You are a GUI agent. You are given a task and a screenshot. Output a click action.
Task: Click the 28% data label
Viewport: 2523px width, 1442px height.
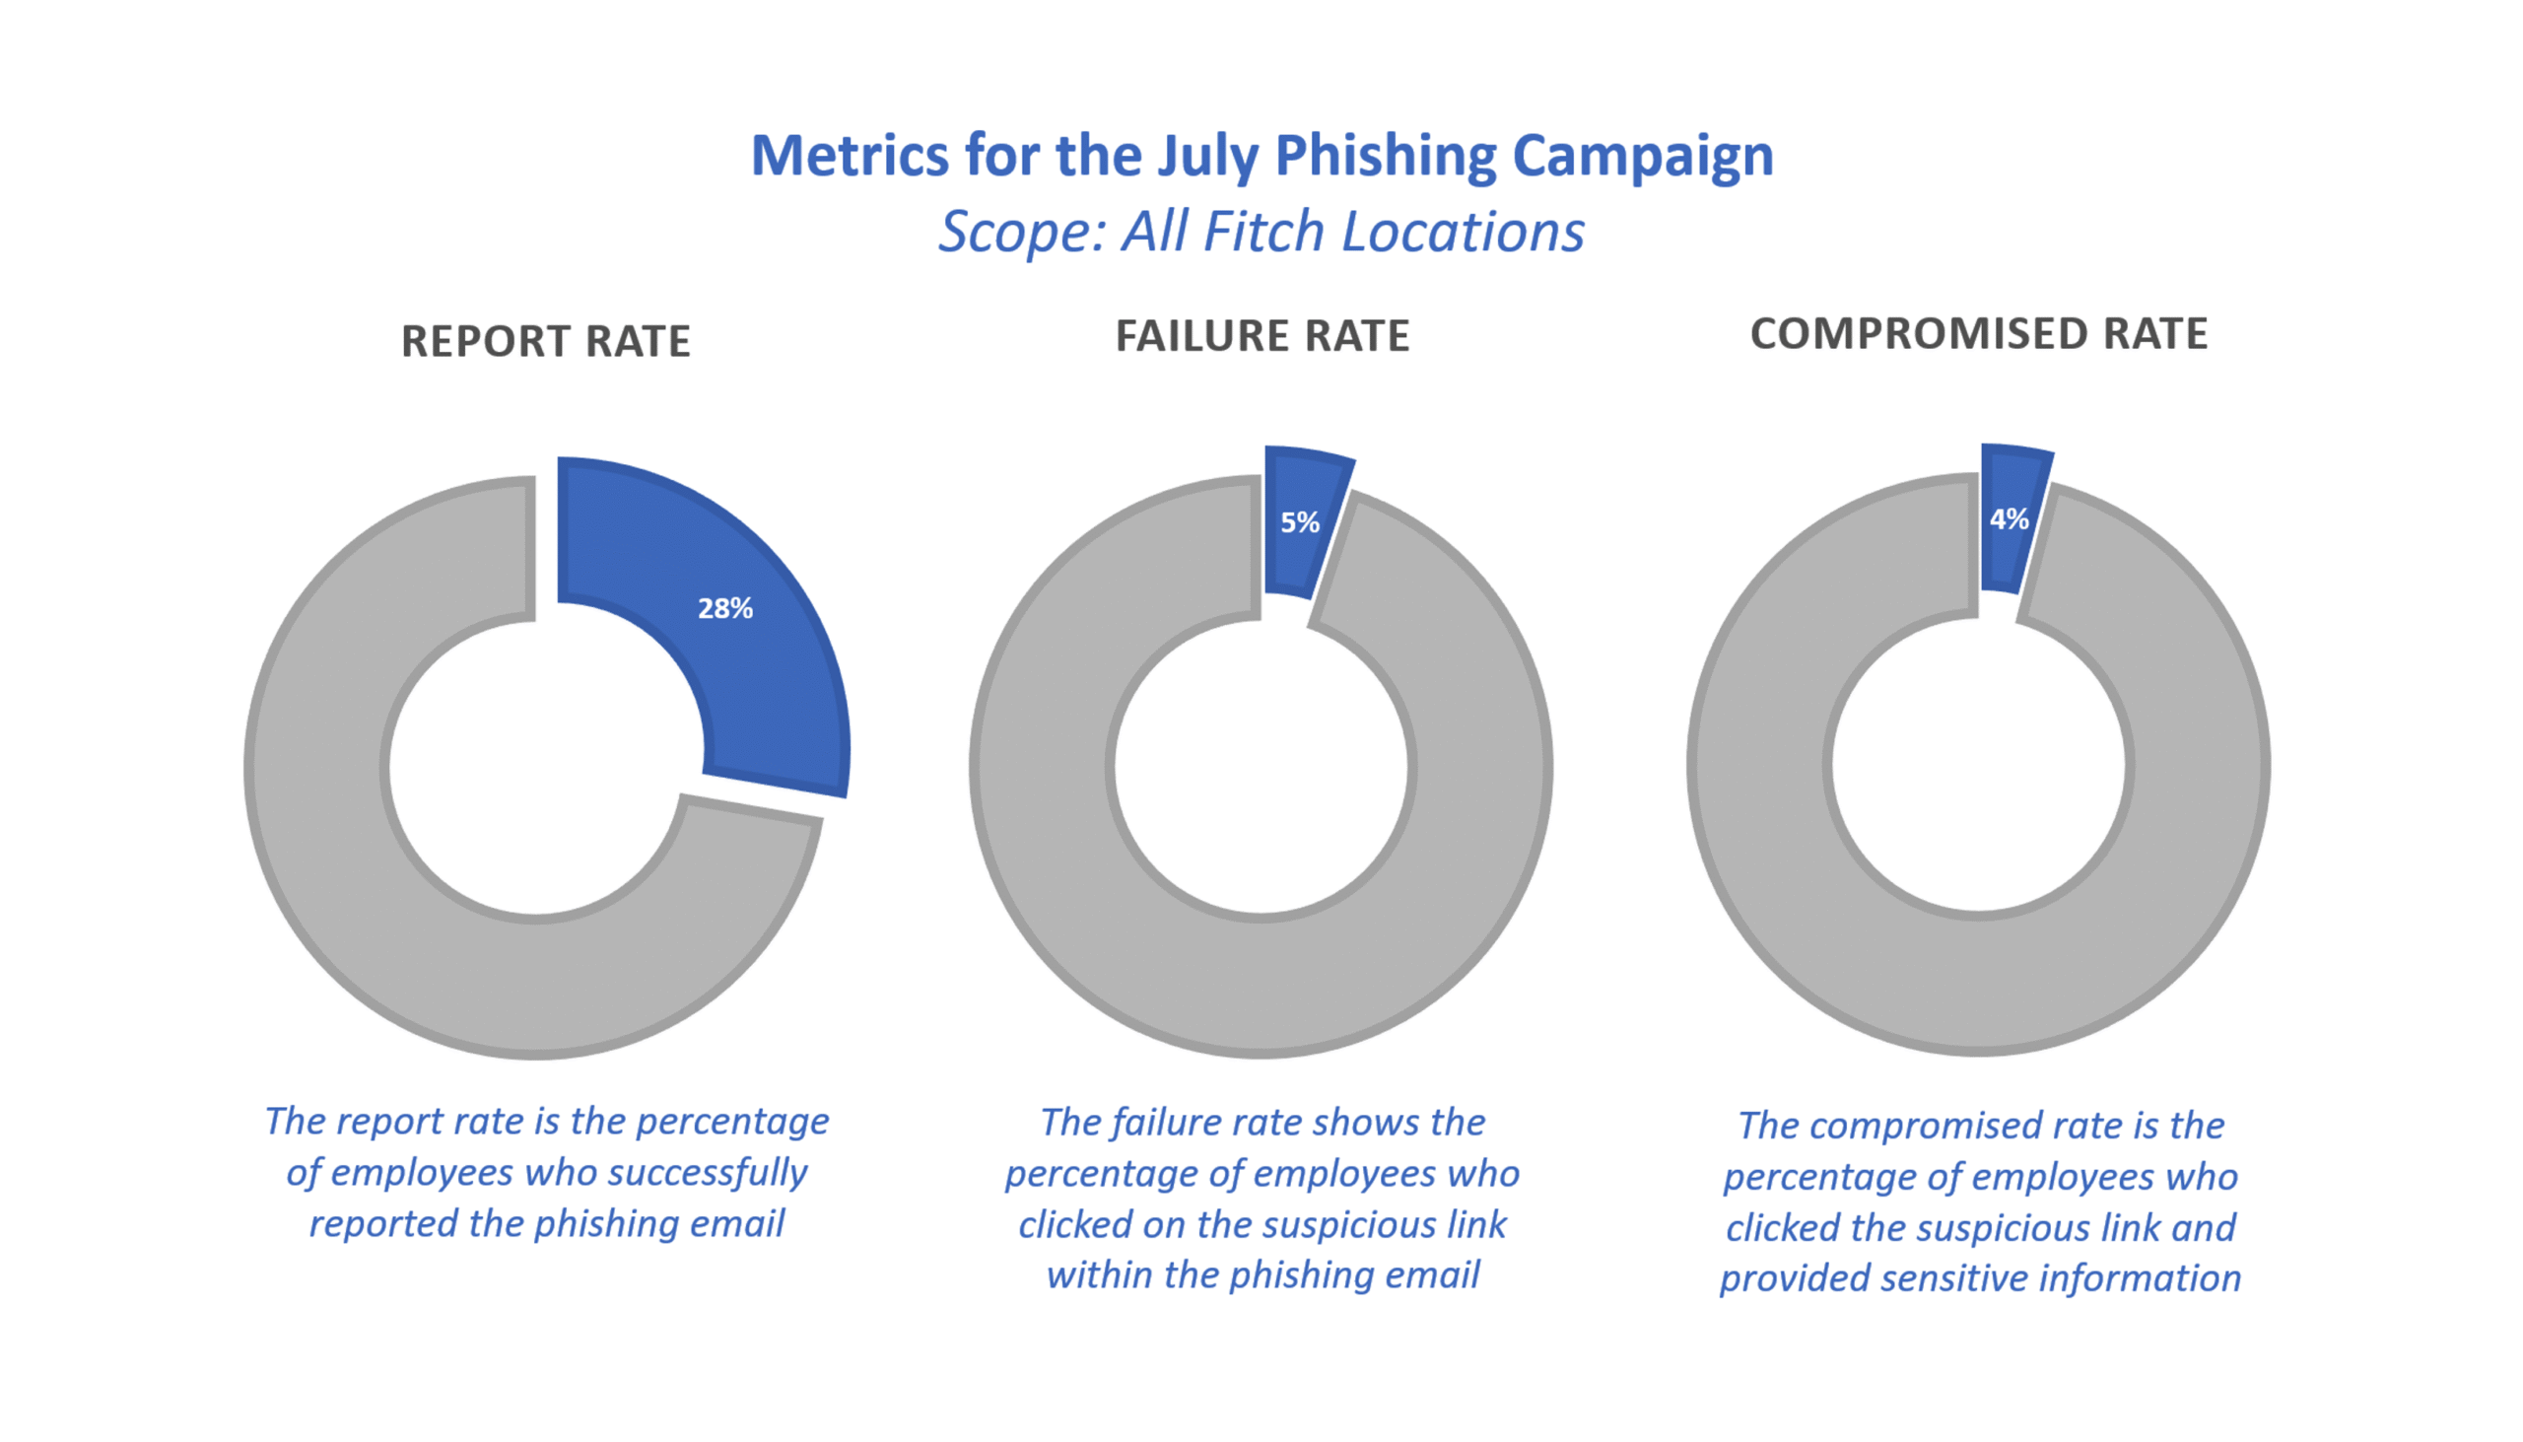click(x=724, y=608)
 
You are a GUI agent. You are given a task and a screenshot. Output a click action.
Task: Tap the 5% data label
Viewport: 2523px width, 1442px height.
click(x=1299, y=522)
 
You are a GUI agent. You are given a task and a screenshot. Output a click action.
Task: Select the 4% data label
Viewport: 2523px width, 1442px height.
click(x=2010, y=519)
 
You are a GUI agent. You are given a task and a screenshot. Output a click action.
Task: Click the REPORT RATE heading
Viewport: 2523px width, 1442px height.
click(x=546, y=341)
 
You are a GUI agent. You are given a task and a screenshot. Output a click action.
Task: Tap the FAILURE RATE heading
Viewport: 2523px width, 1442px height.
click(x=1261, y=336)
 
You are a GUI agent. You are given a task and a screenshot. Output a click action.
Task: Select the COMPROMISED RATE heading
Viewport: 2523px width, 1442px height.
click(x=1978, y=334)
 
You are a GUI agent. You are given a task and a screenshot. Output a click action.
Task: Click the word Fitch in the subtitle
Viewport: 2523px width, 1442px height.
click(x=1263, y=232)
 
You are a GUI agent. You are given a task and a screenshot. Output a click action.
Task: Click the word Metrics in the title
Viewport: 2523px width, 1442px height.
click(x=849, y=156)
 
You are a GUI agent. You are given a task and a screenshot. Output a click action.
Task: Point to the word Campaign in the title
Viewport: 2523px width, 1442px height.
click(x=1642, y=156)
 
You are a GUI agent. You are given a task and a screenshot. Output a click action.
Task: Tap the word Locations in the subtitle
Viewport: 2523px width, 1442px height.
click(x=1463, y=232)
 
